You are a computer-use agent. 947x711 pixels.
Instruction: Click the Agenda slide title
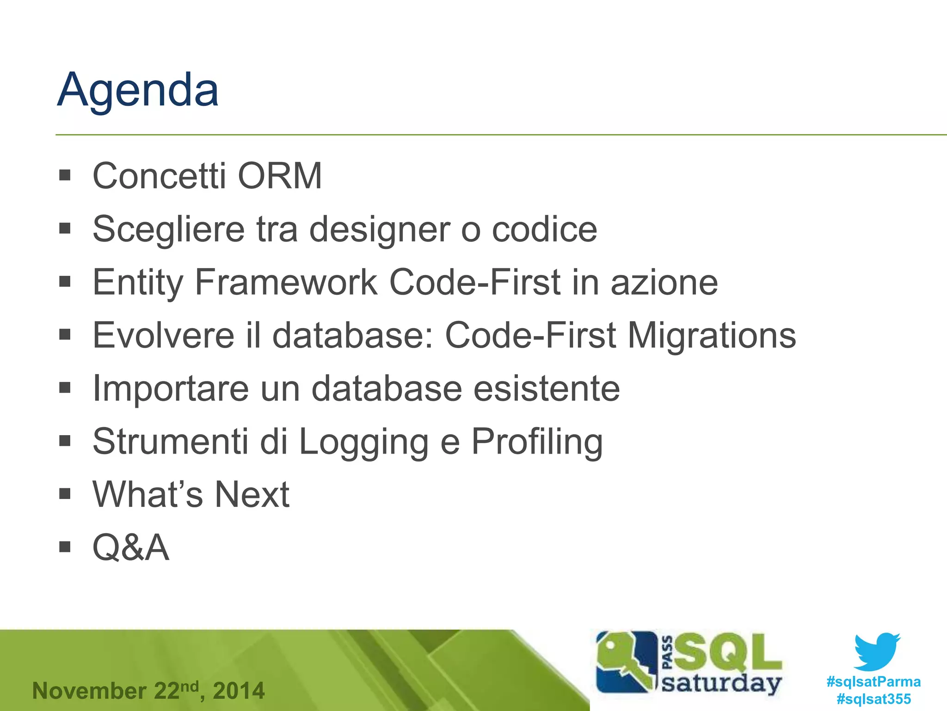click(138, 90)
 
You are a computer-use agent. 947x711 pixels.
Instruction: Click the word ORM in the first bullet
click(280, 176)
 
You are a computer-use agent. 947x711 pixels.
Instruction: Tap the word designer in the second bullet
click(379, 230)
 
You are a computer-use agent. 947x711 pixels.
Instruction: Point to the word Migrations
click(712, 335)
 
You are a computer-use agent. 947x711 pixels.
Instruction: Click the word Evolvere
click(163, 335)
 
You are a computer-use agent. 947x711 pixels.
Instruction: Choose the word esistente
click(547, 388)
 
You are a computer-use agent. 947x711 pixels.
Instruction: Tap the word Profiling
click(537, 442)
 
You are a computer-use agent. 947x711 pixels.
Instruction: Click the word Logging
click(364, 442)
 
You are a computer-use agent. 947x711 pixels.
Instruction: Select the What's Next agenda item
click(191, 494)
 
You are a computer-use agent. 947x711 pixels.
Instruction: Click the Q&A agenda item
click(131, 548)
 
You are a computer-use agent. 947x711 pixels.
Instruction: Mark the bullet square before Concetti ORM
click(65, 175)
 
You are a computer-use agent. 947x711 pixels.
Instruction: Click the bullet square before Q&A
click(65, 547)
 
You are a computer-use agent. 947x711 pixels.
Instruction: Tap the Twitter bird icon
click(877, 652)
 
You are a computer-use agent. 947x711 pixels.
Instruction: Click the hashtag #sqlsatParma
click(873, 682)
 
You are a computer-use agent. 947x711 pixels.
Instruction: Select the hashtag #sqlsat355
click(873, 699)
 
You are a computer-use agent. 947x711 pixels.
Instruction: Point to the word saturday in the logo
click(721, 684)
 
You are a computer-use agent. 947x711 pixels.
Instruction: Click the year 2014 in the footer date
click(239, 691)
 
